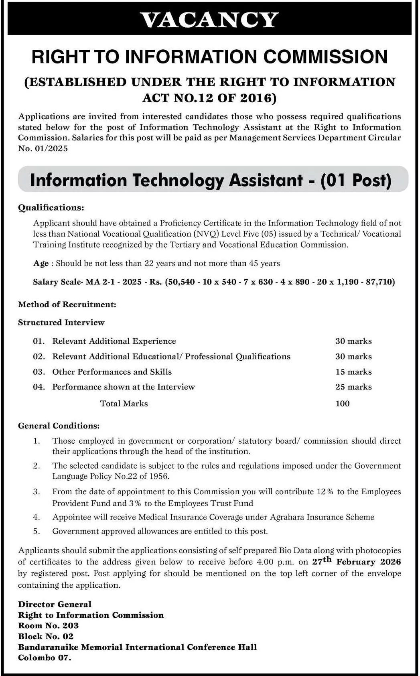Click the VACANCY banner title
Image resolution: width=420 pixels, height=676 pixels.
point(210,20)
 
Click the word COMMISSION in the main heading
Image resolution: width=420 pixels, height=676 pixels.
point(325,57)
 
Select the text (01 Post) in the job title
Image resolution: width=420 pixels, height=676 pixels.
point(356,180)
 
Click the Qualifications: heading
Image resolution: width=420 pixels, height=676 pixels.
point(51,207)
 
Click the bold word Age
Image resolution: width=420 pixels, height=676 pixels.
point(41,263)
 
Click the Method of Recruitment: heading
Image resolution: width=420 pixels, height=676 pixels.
point(67,305)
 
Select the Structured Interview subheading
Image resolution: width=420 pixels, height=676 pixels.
point(61,323)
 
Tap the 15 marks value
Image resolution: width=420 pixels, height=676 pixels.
point(353,372)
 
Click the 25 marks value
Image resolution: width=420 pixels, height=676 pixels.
point(353,387)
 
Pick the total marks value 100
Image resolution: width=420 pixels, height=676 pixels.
point(343,404)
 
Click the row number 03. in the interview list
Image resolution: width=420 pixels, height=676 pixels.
point(39,372)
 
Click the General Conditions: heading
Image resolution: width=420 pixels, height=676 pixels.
point(59,426)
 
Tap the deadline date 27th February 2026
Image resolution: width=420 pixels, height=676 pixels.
point(356,562)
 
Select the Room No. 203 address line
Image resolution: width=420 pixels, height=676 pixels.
point(48,625)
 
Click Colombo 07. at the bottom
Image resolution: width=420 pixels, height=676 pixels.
point(45,658)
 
